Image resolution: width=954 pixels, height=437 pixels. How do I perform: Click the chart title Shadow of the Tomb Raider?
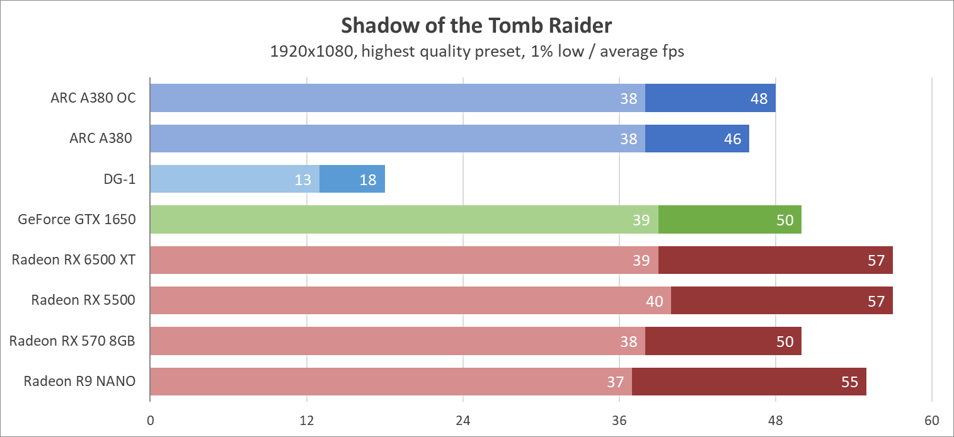476,26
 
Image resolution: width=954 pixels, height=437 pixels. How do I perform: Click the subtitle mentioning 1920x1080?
476,52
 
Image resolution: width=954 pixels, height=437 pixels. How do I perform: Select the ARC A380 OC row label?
93,98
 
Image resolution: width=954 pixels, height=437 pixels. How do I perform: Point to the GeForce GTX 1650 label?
77,220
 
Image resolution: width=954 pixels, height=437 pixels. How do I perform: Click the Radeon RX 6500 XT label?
74,260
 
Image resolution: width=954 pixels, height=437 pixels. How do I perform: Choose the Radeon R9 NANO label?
79,381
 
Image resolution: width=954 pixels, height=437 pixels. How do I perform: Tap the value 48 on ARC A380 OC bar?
759,99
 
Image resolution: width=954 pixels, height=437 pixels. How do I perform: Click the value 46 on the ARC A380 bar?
732,139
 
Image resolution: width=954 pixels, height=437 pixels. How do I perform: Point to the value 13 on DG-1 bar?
303,180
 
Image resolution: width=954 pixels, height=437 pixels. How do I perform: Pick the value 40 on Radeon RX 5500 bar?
655,301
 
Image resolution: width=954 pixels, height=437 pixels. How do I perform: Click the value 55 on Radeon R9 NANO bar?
849,382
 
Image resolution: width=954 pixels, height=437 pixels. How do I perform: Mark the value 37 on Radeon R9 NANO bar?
615,382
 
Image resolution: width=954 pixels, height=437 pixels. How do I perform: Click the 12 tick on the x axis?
307,421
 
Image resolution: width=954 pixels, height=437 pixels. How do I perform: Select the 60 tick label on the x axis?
932,421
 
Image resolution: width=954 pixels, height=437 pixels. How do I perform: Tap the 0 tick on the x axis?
150,421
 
